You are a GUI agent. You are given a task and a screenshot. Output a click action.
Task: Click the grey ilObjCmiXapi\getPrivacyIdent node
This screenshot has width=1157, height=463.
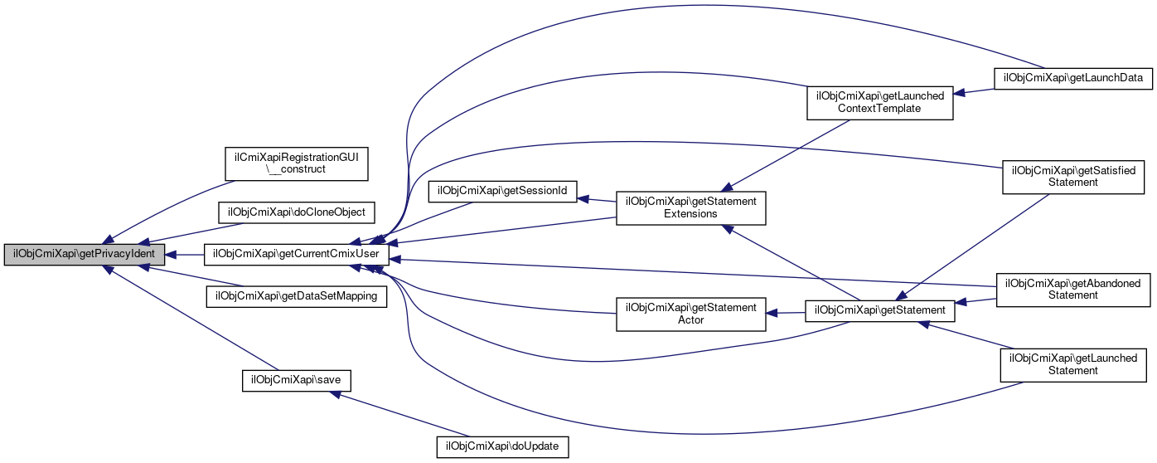[84, 255]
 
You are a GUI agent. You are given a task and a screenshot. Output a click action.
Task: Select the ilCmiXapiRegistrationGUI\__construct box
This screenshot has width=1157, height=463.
[297, 162]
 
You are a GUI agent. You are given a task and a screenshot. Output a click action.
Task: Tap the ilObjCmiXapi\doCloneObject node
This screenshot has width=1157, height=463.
[297, 212]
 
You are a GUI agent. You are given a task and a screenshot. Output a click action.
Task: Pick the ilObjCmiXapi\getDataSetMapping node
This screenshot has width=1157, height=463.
[297, 296]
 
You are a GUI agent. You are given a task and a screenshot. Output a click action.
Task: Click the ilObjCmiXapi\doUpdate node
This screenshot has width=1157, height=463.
[503, 446]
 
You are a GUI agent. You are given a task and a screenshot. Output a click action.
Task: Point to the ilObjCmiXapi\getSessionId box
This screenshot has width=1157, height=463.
[502, 191]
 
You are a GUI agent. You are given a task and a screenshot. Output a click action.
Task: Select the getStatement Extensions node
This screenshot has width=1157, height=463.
[690, 207]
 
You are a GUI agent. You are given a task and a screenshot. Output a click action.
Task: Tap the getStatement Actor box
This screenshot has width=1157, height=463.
[690, 314]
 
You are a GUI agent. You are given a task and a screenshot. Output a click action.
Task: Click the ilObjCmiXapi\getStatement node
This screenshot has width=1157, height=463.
[880, 310]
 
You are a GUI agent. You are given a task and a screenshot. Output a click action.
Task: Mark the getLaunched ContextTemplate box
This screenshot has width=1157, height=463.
[880, 102]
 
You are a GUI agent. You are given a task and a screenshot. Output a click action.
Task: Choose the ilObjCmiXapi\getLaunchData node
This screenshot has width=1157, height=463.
[1073, 78]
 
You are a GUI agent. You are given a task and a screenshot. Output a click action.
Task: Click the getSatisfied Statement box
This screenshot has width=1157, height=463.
[1073, 176]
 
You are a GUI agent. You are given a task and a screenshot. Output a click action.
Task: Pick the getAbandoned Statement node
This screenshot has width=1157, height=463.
[1073, 289]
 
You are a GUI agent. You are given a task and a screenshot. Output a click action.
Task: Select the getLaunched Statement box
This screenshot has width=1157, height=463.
[1073, 364]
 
